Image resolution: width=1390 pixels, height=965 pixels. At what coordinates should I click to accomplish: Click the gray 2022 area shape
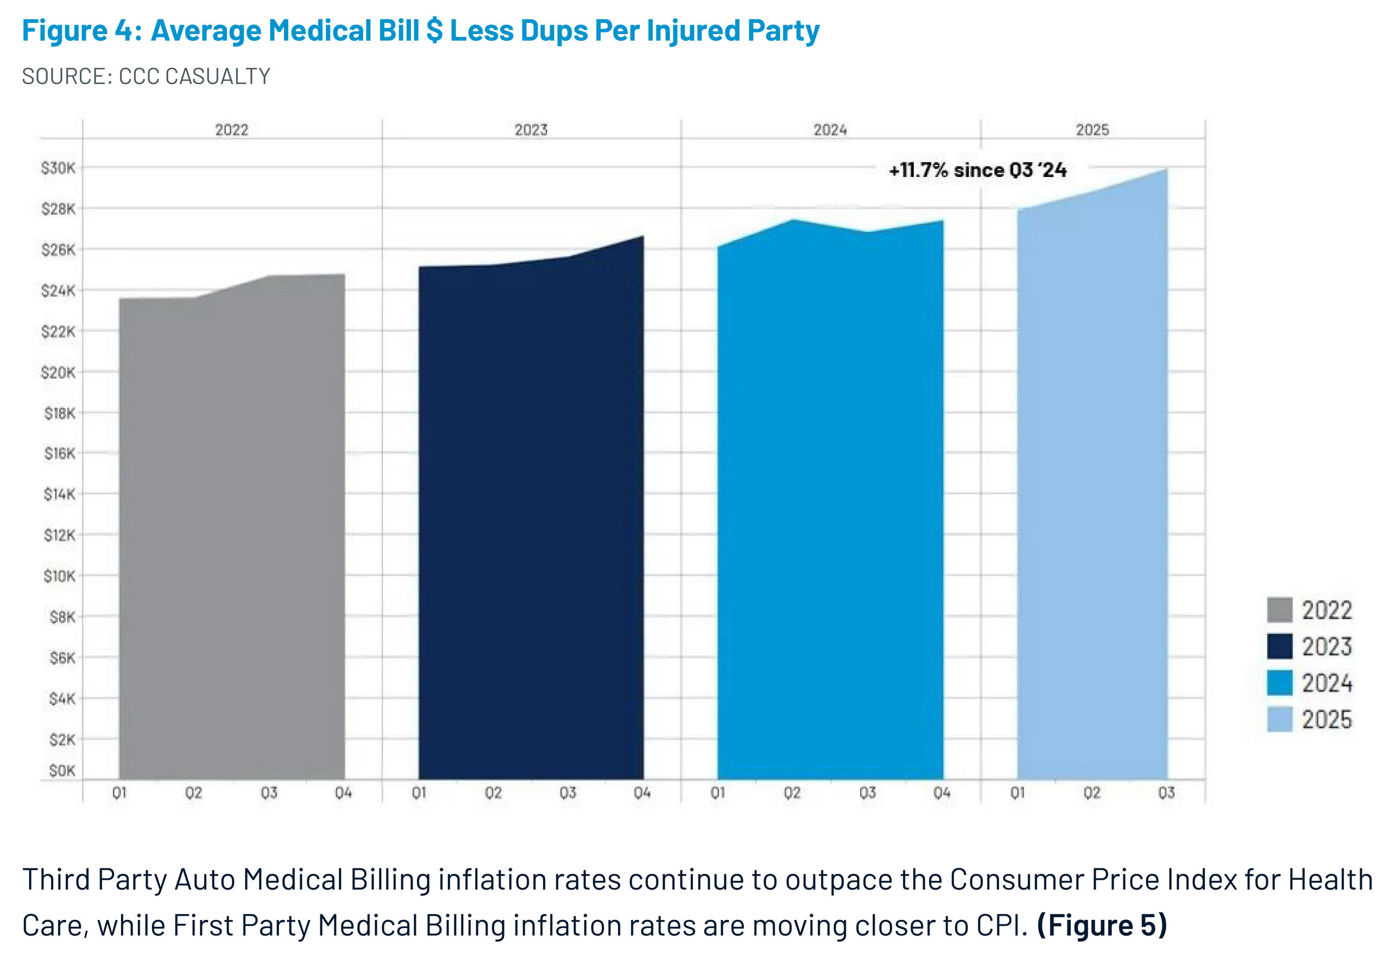(x=231, y=532)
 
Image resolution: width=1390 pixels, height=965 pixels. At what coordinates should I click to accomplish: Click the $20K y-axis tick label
(x=58, y=373)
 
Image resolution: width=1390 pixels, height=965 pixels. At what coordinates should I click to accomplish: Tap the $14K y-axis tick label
(x=59, y=495)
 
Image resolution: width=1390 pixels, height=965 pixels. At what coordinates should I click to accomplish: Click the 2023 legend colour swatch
(x=1279, y=646)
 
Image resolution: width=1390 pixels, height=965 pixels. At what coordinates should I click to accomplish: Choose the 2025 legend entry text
(x=1326, y=720)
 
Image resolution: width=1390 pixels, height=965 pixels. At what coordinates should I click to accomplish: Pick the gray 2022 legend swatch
(x=1279, y=609)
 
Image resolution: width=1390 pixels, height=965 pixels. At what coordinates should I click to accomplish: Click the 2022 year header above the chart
(x=231, y=130)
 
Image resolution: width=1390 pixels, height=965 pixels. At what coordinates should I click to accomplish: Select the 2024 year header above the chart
(x=830, y=130)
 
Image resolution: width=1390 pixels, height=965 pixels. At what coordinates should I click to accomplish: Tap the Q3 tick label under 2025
(x=1166, y=793)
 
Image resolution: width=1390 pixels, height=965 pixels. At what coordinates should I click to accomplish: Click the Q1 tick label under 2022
(x=119, y=793)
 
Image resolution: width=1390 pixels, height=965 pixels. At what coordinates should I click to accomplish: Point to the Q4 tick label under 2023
(x=642, y=793)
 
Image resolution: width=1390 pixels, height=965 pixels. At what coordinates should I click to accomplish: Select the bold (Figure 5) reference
(x=1102, y=926)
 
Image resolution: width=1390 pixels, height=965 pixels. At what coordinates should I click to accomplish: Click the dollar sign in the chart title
(x=434, y=30)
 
